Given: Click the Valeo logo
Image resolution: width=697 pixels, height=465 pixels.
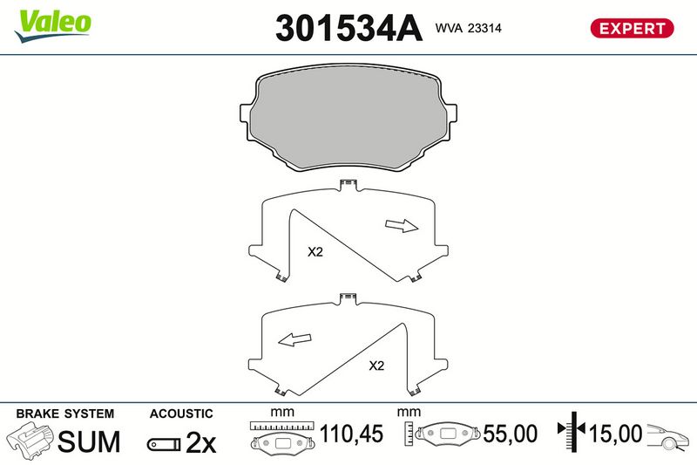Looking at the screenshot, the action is click(x=53, y=26).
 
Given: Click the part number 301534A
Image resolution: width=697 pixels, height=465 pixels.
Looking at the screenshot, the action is click(x=348, y=28).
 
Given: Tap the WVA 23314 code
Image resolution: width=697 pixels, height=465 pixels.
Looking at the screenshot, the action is click(x=468, y=28).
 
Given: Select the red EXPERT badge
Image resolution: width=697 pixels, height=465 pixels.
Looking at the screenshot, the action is click(x=632, y=29).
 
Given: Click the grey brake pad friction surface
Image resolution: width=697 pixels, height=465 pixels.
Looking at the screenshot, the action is click(x=349, y=117).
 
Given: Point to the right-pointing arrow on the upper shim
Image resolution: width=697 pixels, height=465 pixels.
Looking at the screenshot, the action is click(x=402, y=226).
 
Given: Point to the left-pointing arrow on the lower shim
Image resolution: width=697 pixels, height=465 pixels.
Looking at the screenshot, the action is click(x=294, y=339).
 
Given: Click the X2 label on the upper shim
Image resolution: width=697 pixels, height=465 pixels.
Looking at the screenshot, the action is click(x=315, y=252).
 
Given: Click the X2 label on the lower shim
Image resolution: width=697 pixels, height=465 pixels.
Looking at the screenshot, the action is click(x=376, y=366).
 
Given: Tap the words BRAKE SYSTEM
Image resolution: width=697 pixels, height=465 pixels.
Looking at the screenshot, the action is click(x=64, y=414).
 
